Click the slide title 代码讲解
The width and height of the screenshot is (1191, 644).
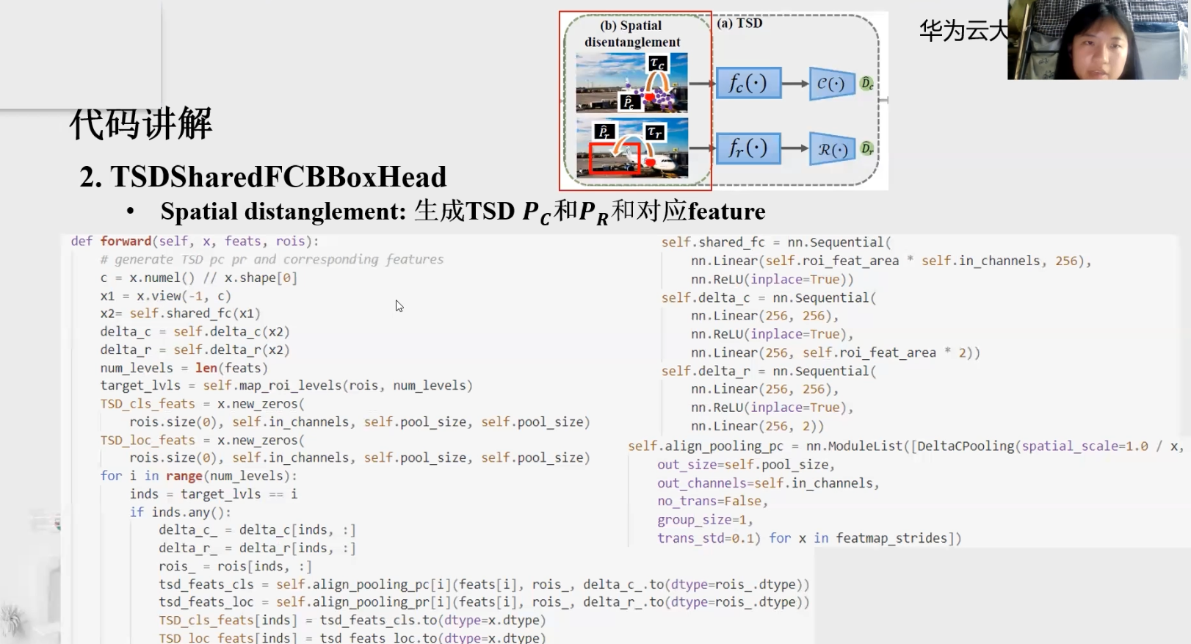140,123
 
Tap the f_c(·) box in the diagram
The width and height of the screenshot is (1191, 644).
747,83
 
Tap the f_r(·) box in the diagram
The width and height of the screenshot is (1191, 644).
747,148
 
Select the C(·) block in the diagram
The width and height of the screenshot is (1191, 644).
831,84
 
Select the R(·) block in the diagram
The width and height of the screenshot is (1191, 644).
832,149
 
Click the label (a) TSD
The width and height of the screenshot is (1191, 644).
739,23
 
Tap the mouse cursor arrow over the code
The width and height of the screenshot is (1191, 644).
399,305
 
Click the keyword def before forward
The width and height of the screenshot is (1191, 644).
82,242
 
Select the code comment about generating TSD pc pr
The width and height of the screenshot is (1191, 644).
272,259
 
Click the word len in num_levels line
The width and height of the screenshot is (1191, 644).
206,368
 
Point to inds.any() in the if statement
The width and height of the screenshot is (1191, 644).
190,512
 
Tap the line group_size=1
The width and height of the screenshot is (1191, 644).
705,520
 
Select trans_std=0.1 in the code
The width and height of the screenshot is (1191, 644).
709,538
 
